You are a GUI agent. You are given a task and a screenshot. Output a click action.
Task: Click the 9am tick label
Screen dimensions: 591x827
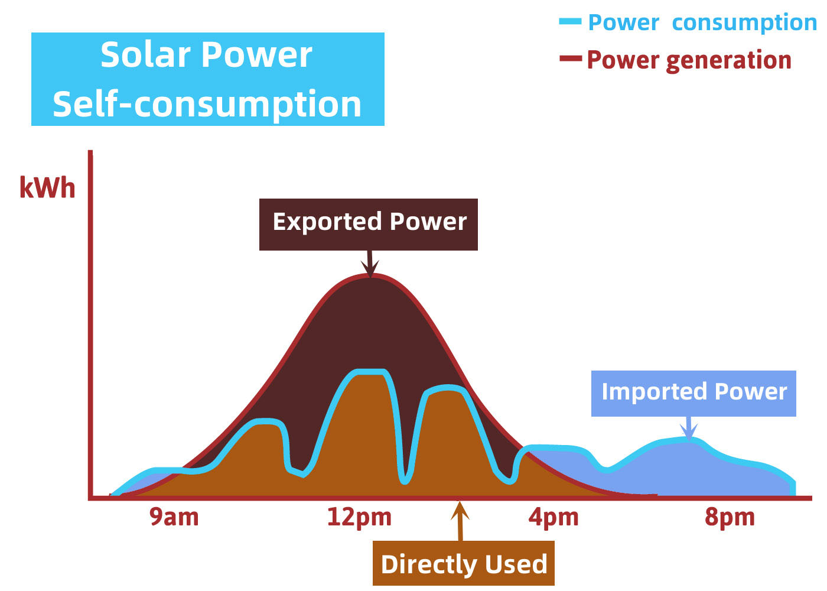point(174,517)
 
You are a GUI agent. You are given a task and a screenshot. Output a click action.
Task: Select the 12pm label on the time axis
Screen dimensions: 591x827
point(359,517)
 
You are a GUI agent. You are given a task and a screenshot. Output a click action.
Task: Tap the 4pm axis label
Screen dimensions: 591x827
point(553,517)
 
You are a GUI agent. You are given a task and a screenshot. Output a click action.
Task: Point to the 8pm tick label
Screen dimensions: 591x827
point(730,517)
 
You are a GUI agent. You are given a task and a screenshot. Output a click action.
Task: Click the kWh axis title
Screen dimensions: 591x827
point(47,188)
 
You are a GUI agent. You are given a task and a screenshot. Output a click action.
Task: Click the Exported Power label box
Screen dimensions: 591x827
point(369,224)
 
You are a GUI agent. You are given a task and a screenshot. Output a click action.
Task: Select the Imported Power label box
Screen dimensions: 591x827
point(693,393)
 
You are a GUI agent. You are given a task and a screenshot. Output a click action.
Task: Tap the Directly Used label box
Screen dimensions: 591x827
point(464,564)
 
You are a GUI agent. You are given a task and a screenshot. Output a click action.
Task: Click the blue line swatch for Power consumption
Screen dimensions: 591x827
point(570,22)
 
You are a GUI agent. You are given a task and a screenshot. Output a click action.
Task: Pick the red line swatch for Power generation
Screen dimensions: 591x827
point(571,59)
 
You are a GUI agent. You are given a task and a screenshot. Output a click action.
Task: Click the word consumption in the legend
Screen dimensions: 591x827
point(744,22)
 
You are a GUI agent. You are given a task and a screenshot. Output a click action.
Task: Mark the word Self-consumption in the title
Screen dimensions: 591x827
point(207,104)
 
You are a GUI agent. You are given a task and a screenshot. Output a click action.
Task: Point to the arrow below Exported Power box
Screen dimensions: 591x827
point(370,264)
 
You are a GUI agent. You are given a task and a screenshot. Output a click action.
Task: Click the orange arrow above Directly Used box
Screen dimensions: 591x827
point(460,520)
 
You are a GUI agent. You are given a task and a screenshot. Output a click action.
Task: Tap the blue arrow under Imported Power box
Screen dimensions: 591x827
point(688,427)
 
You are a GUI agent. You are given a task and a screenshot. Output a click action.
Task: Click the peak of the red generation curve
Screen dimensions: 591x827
point(371,275)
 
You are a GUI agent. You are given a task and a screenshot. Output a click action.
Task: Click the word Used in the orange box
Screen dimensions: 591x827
point(516,564)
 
